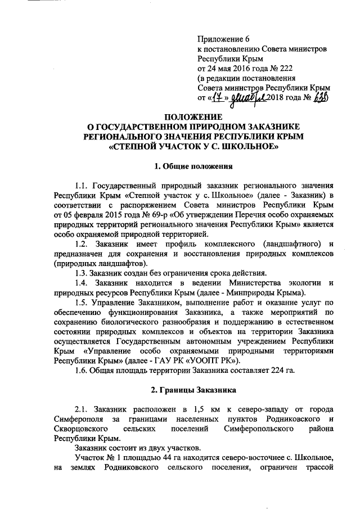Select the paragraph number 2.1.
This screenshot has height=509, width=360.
[83, 408]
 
